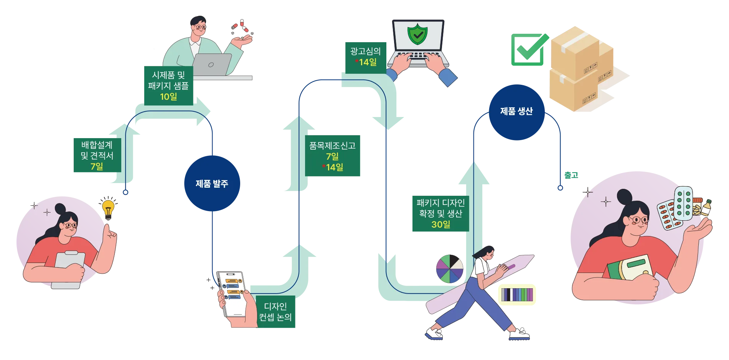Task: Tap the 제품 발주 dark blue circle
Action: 212,183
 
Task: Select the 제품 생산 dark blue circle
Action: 517,112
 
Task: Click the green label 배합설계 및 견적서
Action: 97,155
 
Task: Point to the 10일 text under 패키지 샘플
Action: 168,97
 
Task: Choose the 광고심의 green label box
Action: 366,58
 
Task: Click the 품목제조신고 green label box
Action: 332,156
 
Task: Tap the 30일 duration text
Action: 441,225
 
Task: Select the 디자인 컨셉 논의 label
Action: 275,312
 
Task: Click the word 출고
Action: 571,175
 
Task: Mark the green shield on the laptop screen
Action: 418,34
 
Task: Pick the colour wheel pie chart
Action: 450,269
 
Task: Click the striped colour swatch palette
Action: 517,294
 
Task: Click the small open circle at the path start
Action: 125,192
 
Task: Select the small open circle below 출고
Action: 560,188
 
